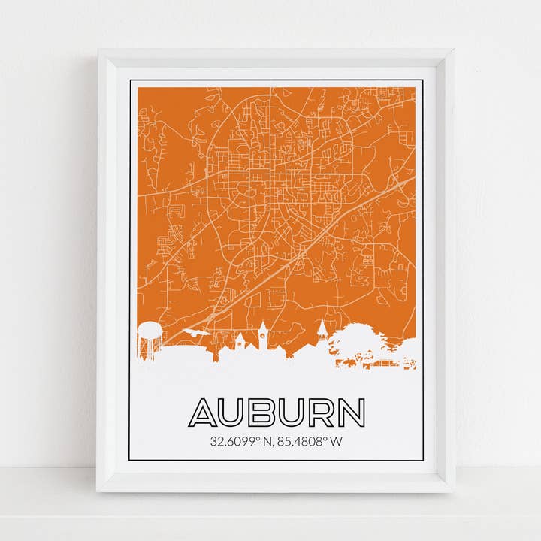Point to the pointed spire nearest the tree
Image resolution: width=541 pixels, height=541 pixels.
click(322, 331)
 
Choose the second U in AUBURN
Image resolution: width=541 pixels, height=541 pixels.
click(292, 413)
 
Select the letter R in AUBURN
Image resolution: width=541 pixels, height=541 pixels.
click(322, 413)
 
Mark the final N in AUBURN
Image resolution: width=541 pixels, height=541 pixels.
click(351, 413)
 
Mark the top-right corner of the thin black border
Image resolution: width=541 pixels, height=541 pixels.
click(423, 80)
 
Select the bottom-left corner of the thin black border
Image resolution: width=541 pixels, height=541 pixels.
click(128, 459)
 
